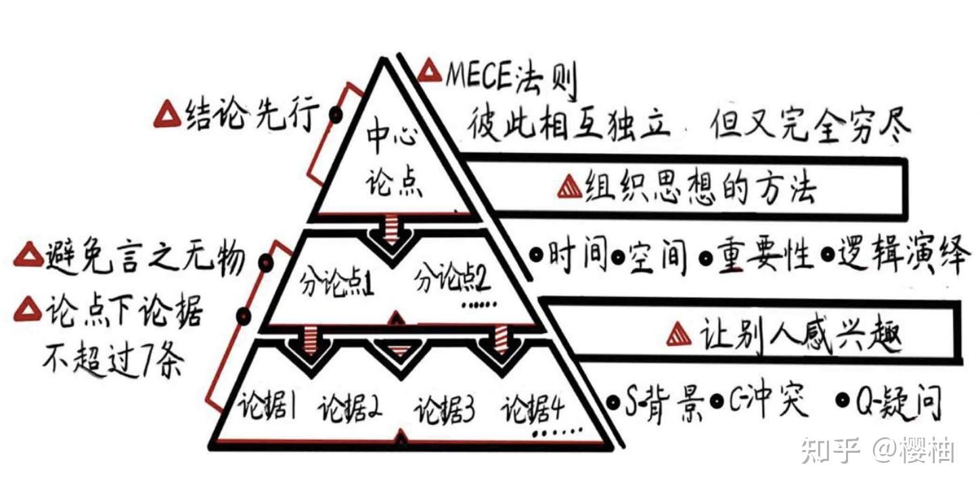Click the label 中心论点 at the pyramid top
coord(394,161)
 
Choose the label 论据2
coord(352,409)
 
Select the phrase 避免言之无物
coord(146,258)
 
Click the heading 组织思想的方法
coord(700,185)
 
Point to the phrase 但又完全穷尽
coord(809,124)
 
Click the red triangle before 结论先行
coord(166,116)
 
